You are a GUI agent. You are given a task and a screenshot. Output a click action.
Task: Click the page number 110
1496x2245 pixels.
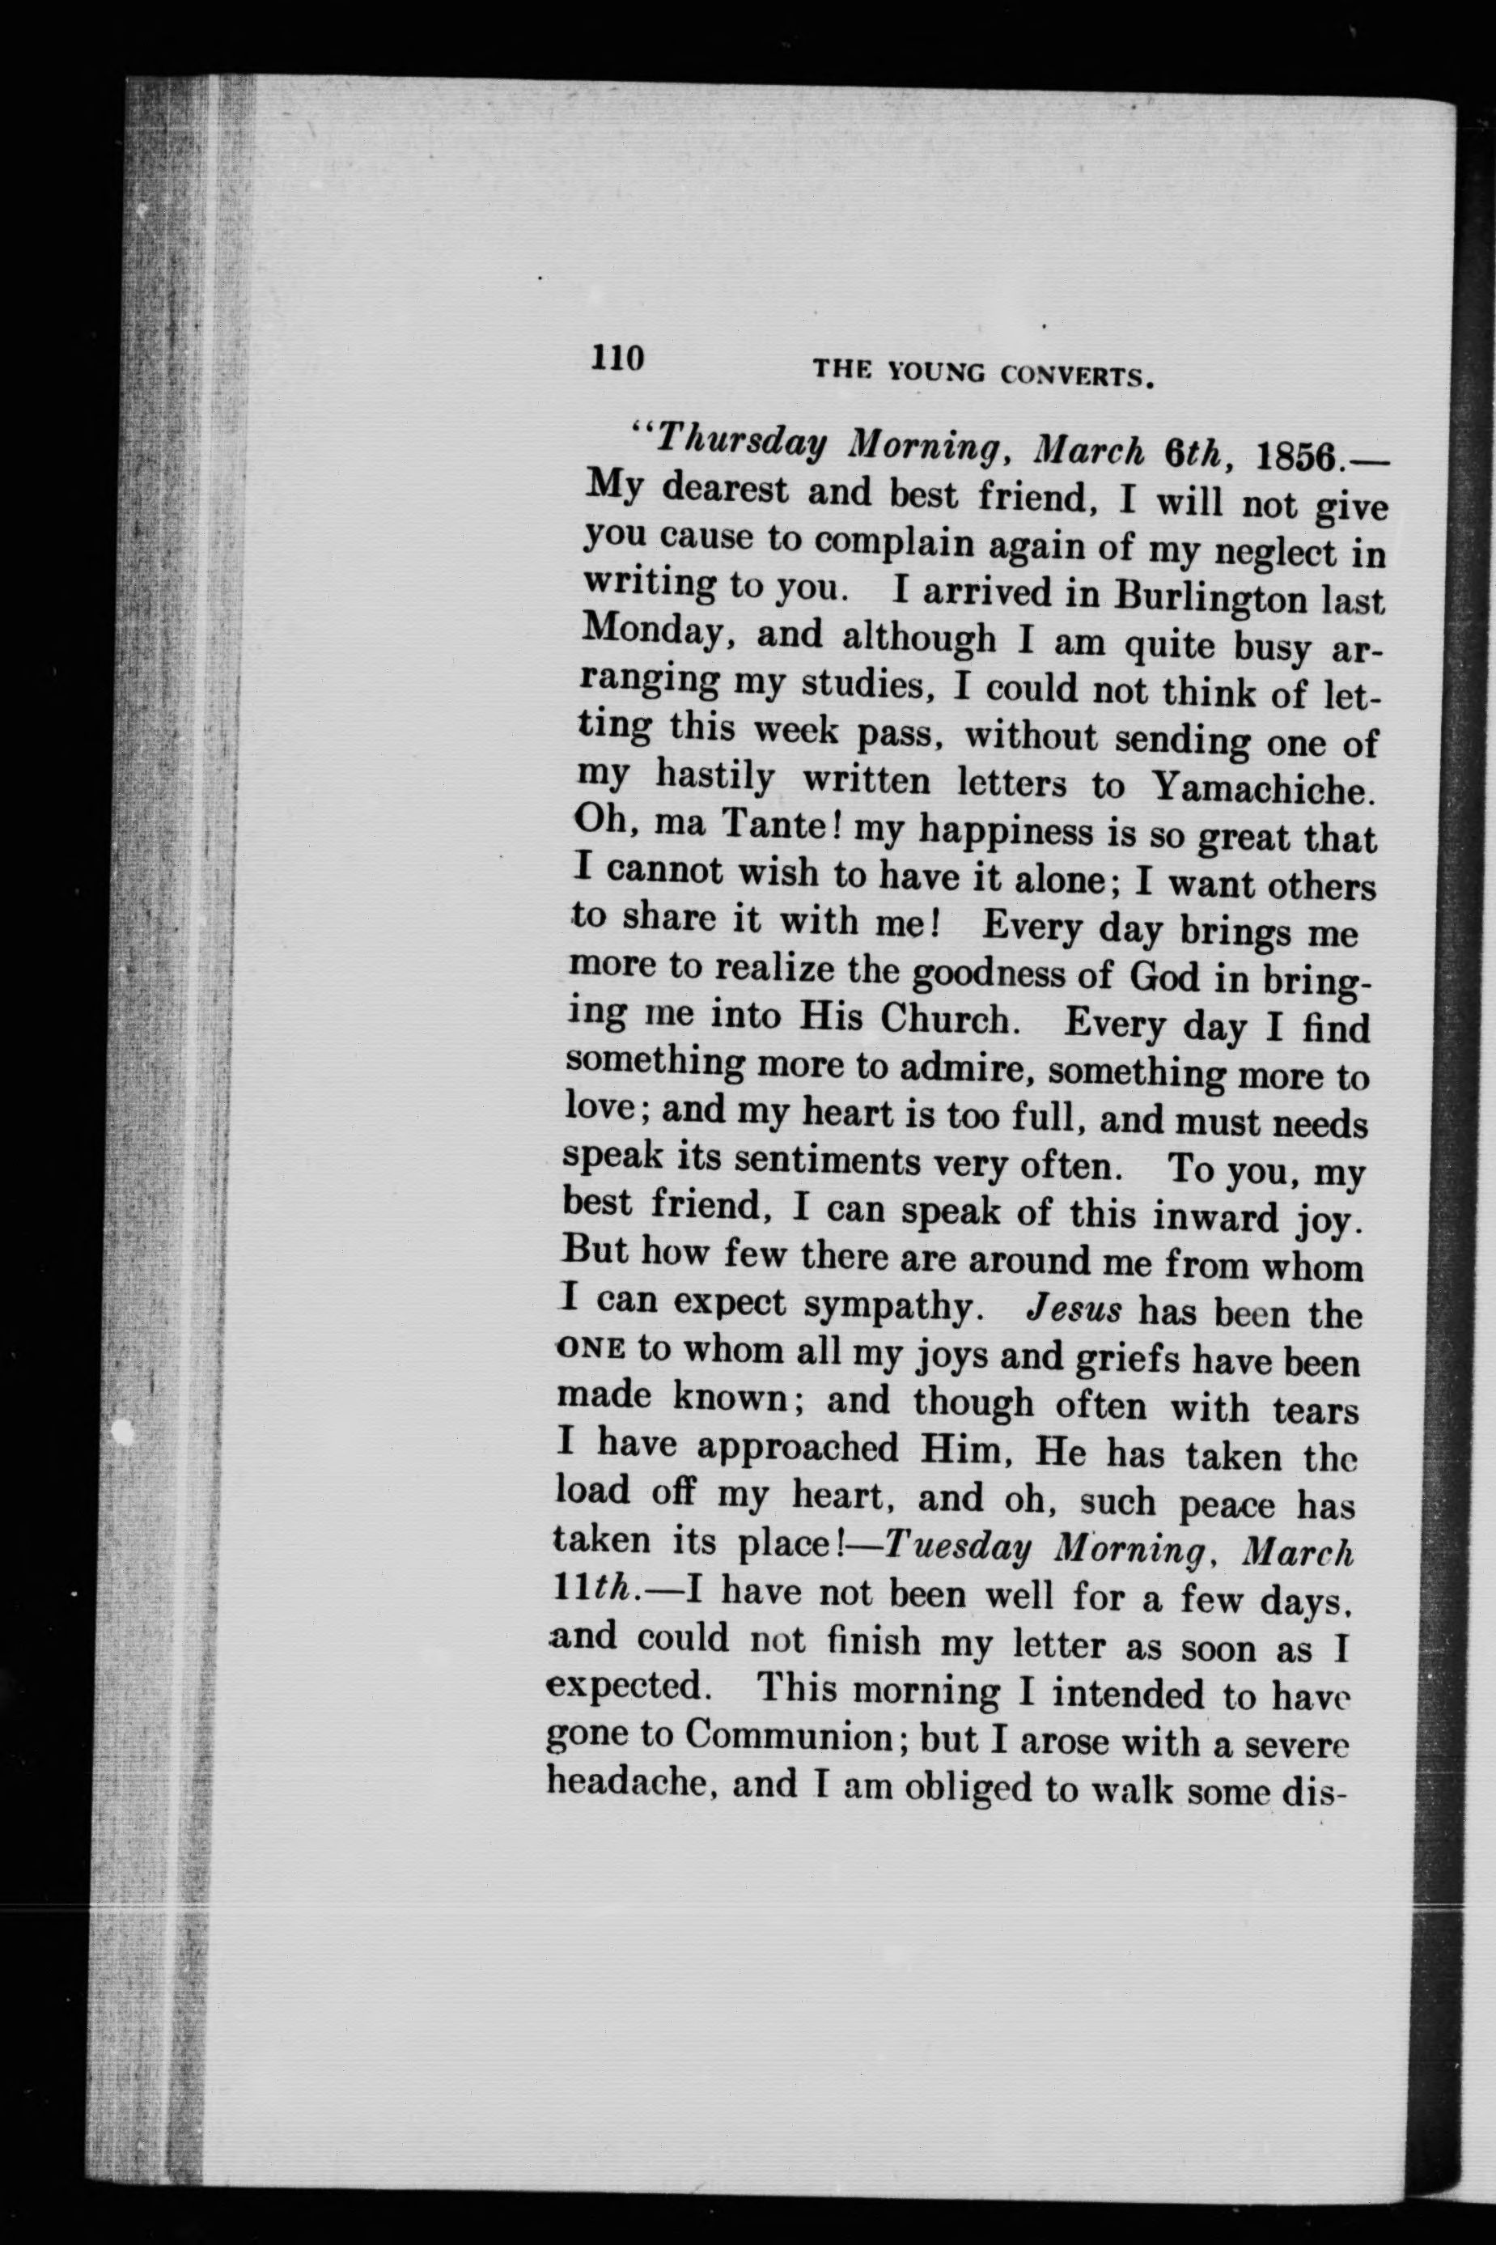pos(618,358)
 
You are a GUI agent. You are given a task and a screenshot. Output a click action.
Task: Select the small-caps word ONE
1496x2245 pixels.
pos(590,1347)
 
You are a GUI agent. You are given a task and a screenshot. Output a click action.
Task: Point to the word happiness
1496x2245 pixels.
pos(1007,830)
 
